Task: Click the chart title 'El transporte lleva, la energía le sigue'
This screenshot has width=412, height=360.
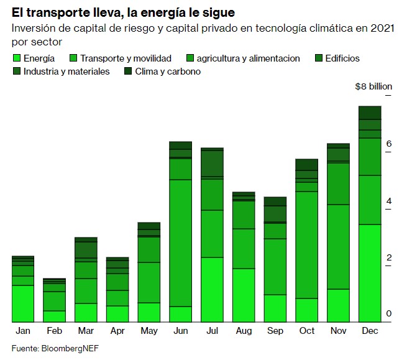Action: pos(123,11)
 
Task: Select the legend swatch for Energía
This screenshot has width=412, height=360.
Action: pos(17,58)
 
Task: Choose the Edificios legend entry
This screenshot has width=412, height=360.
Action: pos(338,58)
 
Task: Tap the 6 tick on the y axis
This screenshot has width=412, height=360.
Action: pos(388,144)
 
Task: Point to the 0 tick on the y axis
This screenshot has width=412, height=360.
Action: pos(388,314)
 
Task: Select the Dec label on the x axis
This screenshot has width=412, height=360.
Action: pos(370,331)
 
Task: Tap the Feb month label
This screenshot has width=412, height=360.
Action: pos(54,331)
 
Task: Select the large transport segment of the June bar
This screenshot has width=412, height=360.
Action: pos(180,242)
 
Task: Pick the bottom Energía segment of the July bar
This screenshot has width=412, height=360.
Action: pos(212,289)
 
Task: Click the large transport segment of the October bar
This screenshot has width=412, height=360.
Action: pos(306,244)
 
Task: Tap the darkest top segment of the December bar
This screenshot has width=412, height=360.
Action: pos(370,112)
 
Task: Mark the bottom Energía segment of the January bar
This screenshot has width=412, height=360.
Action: pos(23,303)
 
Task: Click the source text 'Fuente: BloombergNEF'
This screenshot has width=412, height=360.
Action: pos(55,348)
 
